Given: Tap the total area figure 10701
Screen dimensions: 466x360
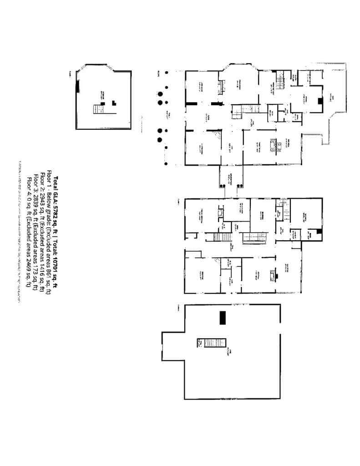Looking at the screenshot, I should click(56, 272).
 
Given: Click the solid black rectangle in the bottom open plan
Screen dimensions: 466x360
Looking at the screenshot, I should click(222, 318).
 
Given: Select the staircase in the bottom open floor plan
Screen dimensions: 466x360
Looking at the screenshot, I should click(215, 343).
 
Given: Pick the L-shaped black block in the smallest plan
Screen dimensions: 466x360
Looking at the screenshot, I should click(114, 103).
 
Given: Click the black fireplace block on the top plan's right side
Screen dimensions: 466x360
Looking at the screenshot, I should click(320, 101).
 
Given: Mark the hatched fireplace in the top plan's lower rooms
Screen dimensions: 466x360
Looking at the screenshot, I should click(273, 145).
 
